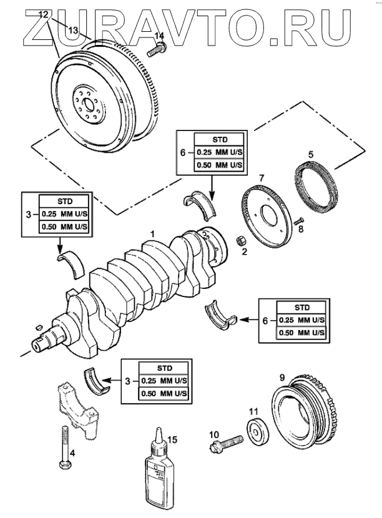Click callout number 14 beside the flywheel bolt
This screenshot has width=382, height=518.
pyautogui.click(x=159, y=36)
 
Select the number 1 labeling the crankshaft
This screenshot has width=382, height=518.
pyautogui.click(x=151, y=233)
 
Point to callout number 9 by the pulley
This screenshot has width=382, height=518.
pyautogui.click(x=282, y=378)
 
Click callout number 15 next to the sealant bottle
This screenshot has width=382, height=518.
pyautogui.click(x=173, y=440)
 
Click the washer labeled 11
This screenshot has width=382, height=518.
pyautogui.click(x=255, y=432)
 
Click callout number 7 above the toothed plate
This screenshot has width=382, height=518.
pyautogui.click(x=262, y=178)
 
